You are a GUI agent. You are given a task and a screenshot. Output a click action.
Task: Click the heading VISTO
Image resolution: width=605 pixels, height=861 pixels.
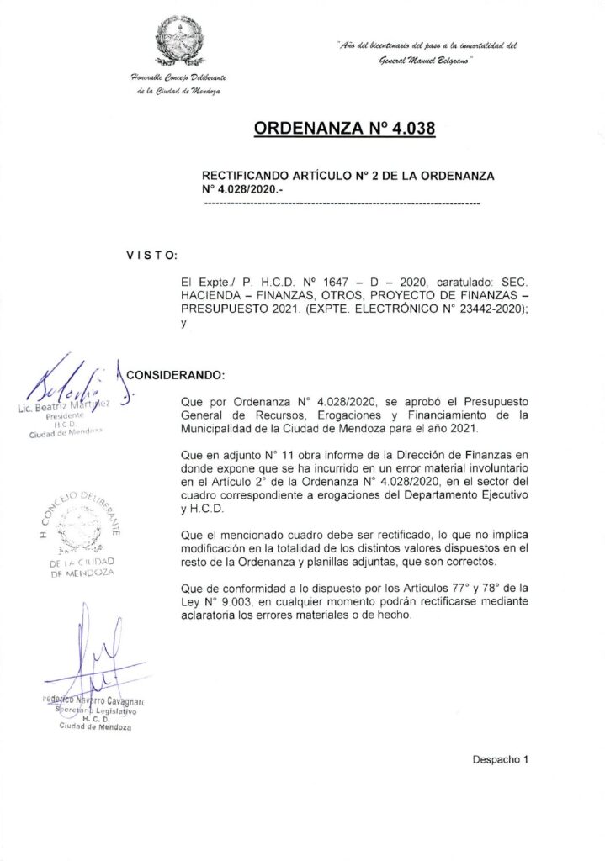click(151, 254)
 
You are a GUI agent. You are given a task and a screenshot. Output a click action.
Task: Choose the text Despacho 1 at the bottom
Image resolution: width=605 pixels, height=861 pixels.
click(501, 759)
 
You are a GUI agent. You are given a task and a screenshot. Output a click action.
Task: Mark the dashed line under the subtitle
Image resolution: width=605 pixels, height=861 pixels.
click(341, 203)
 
